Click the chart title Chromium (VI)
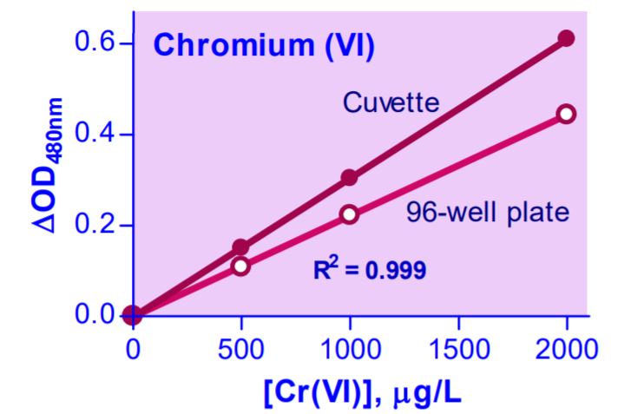264,46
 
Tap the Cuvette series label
390,104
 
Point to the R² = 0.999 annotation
369,270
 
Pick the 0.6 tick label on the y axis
90,43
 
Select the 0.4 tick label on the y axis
90,135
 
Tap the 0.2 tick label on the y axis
90,225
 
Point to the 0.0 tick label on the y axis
90,315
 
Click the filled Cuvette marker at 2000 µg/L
566,38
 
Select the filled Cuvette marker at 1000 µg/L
349,178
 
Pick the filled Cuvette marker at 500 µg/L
240,247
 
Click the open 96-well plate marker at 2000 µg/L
566,114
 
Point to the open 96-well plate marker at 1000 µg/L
349,214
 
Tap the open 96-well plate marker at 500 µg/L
240,266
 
